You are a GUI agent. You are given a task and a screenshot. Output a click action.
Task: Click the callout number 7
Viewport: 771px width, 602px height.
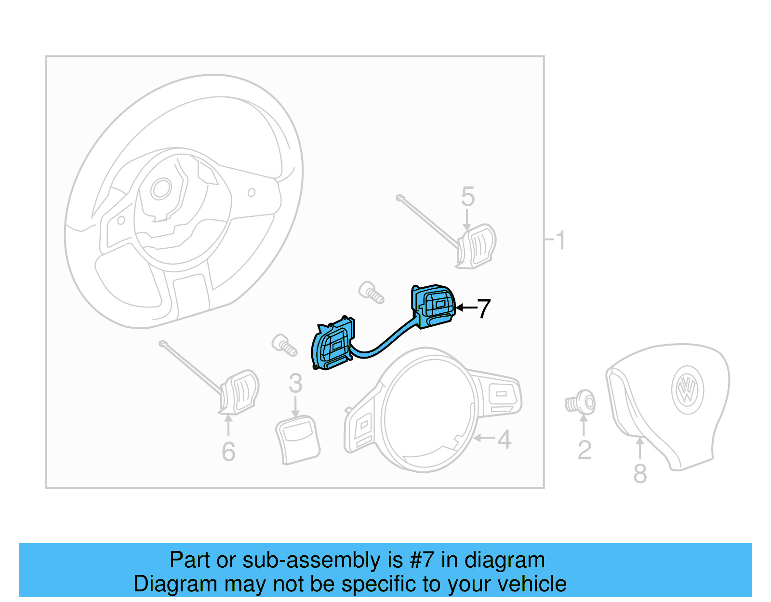pos(484,309)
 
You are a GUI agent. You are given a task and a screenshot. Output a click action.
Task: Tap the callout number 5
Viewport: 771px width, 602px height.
pos(467,197)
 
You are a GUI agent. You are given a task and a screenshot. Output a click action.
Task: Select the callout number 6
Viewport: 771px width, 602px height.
pos(228,452)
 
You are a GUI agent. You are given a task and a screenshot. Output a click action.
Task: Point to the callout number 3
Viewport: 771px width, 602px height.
pos(295,384)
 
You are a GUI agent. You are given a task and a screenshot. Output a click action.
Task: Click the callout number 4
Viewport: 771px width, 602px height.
pos(504,440)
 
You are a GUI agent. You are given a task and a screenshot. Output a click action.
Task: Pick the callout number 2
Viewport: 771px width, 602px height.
pos(584,450)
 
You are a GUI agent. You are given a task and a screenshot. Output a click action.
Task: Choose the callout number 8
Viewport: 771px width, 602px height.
pos(640,473)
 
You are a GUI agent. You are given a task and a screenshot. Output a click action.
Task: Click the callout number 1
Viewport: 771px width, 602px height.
pos(560,240)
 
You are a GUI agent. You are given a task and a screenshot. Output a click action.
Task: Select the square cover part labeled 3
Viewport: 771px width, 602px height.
pos(297,440)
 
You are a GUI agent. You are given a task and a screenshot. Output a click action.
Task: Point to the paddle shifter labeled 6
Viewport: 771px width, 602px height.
pos(239,391)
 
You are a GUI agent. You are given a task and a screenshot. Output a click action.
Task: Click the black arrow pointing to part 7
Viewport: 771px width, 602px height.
pos(465,308)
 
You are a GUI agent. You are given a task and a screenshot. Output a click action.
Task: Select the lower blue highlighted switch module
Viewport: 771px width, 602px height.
pos(333,345)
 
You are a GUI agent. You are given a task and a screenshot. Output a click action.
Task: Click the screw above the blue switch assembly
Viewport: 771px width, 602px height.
pos(371,292)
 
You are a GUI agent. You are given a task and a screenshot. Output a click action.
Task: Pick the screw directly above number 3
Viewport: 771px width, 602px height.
pos(284,345)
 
